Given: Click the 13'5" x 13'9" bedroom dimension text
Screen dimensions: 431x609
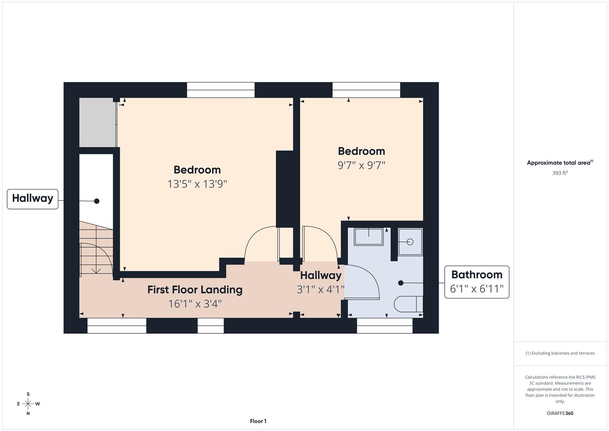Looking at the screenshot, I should coord(197,184).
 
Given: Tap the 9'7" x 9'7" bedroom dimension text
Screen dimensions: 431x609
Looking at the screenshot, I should coord(361,165).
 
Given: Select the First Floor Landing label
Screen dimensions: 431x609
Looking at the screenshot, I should coord(195,290).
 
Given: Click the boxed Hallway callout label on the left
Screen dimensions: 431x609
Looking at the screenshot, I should coord(33,199).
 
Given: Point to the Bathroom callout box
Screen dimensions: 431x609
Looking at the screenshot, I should coord(477,282).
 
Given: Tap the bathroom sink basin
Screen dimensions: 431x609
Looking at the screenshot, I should coord(369,236).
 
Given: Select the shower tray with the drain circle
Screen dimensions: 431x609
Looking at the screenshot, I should coord(410,242).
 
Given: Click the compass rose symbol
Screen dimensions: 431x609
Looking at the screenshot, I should coord(28,404).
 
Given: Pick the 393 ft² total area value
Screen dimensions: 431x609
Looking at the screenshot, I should coord(560,173).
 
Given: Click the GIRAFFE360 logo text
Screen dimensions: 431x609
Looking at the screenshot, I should coord(560,413).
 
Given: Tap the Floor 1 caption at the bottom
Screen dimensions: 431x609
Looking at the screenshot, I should coord(258,421).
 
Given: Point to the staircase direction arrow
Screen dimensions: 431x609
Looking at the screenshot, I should coord(96,270).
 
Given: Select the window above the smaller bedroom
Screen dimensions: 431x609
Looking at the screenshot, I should coord(366,90).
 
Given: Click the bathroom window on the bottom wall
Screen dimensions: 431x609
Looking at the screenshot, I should coord(384,326).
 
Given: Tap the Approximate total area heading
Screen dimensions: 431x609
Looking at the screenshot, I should coord(560,163).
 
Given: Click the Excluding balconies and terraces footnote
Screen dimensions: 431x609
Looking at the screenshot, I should coord(560,353).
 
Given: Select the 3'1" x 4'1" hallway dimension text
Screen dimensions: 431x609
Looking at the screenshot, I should coord(320,289).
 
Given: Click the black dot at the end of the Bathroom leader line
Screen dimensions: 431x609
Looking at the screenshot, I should coord(401,283).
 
